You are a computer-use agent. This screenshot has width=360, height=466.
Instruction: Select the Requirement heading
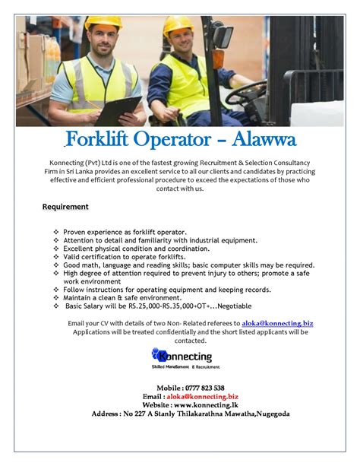tap(65, 207)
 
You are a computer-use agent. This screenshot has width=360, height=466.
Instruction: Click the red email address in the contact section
tap(204, 396)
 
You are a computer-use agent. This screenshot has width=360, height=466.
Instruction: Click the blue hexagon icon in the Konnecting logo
tap(159, 354)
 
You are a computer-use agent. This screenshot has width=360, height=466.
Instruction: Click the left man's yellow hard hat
tap(103, 24)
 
